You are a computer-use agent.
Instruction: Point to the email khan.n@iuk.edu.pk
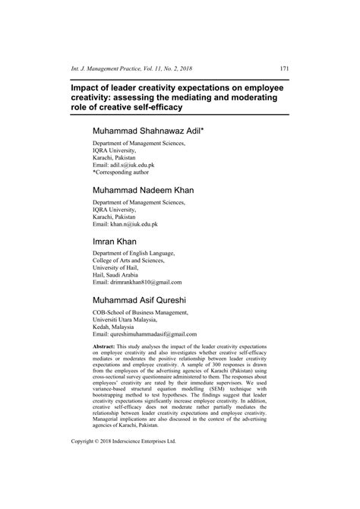tap(136, 224)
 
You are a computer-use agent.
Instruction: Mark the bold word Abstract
tap(106, 345)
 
